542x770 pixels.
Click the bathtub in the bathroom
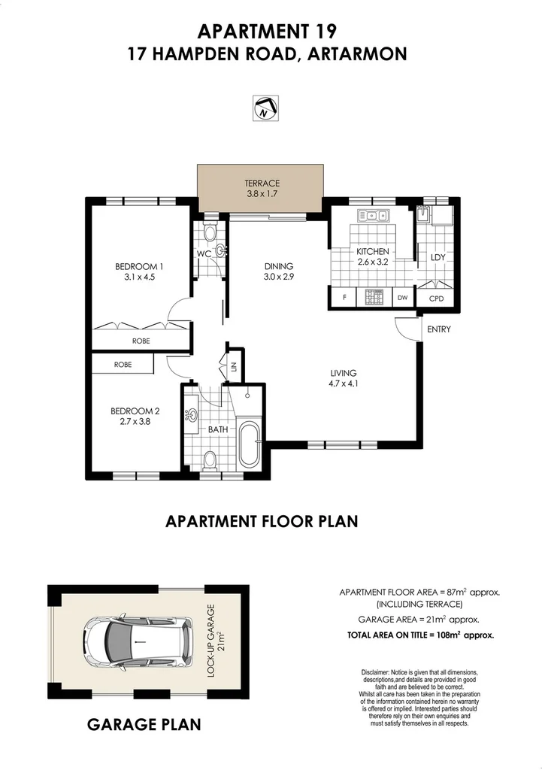tap(248, 445)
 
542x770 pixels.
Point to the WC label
tap(204, 254)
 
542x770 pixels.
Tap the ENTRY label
tap(438, 329)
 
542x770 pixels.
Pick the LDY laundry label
tap(438, 257)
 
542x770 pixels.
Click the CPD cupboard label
tap(437, 299)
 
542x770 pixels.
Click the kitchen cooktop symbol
tap(372, 298)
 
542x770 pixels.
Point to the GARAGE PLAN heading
tap(144, 725)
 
